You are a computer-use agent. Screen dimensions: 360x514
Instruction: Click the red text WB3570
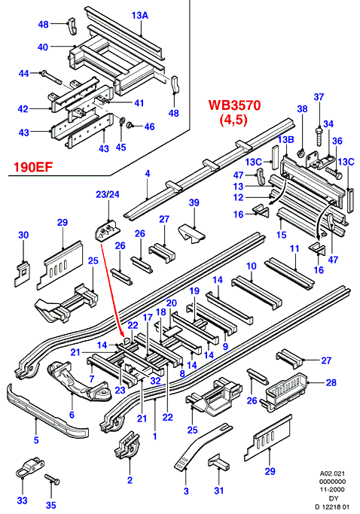coord(234,105)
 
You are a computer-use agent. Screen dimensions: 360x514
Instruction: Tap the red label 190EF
coord(33,167)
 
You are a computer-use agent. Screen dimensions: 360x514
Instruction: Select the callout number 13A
coord(140,15)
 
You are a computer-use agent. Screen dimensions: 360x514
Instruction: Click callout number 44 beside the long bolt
coord(23,73)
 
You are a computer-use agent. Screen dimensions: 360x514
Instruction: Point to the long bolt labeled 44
coord(50,77)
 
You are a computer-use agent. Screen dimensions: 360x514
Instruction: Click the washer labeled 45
coord(122,120)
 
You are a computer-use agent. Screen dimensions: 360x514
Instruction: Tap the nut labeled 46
coord(130,125)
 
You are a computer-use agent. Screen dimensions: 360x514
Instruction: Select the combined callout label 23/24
coord(107,194)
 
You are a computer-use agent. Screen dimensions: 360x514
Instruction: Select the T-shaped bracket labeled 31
coord(218,462)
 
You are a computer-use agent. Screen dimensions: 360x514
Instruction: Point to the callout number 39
coord(194,202)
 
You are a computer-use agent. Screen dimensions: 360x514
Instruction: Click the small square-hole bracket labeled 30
coord(22,273)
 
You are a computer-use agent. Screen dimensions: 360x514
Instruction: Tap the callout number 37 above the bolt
coord(319,96)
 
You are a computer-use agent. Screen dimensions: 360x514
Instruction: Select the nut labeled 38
coord(301,154)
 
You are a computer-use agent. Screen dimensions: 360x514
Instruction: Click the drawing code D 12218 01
coord(333,507)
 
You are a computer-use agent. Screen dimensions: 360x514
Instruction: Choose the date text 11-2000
coord(333,490)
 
